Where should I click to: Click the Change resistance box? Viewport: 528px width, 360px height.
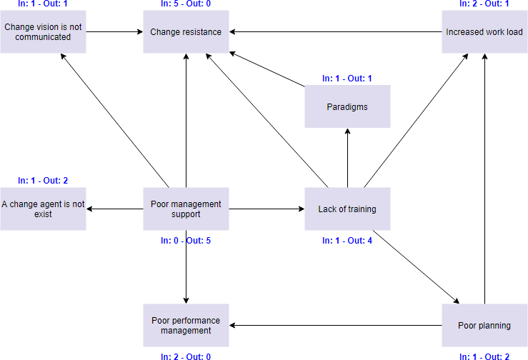[186, 31]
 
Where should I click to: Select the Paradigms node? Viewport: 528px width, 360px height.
[347, 106]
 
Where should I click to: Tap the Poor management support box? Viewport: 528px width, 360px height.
[186, 209]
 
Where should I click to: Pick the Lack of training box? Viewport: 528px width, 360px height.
[347, 209]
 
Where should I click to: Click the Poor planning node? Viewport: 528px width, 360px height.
[484, 325]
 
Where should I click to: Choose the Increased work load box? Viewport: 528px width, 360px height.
[484, 31]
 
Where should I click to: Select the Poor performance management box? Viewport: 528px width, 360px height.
[186, 325]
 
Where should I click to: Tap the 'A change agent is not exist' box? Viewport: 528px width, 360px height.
[43, 209]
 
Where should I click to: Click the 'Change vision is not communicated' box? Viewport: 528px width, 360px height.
[43, 31]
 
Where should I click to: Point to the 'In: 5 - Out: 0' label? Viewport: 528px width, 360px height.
[186, 4]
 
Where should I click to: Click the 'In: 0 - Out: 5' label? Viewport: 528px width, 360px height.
[186, 241]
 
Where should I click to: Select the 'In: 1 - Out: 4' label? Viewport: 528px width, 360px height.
[347, 241]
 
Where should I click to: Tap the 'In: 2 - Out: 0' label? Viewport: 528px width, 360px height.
[186, 356]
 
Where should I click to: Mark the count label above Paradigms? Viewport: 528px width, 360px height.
[347, 78]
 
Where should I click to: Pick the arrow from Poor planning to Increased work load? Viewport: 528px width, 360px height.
[484, 179]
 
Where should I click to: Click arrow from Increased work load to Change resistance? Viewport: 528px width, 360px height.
[336, 31]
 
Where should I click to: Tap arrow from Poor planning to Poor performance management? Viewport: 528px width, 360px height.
[336, 325]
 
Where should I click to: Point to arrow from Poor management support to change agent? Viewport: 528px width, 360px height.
[114, 209]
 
